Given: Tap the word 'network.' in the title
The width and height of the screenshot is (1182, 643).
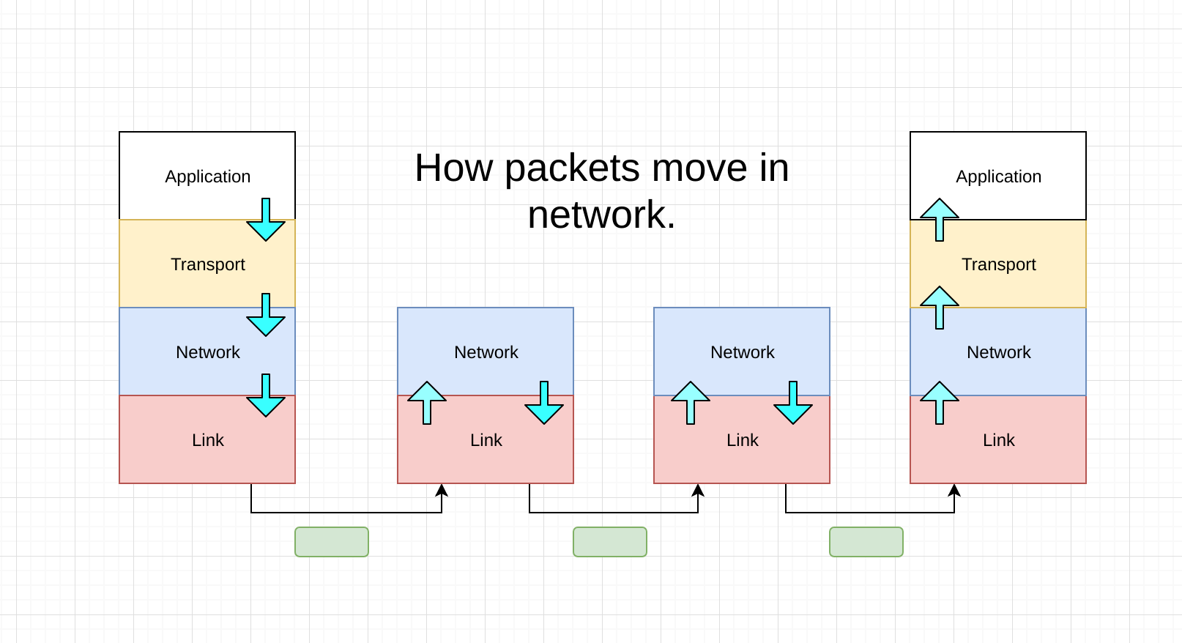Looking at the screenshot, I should [601, 215].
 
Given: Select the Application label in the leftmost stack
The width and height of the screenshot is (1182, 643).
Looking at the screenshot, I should [207, 176].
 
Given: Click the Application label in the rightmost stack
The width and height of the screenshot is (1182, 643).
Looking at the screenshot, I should [998, 176].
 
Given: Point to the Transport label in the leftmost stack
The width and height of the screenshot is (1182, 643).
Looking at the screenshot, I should [207, 264].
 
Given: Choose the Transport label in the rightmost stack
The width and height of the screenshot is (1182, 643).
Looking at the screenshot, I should [998, 264].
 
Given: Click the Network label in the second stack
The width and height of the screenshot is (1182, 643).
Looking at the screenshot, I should [486, 352].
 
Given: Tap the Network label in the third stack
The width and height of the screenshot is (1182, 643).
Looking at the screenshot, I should [742, 352].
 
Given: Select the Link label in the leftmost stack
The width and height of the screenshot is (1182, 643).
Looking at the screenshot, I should [207, 440].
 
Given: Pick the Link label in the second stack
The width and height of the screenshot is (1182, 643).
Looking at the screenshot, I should [486, 440].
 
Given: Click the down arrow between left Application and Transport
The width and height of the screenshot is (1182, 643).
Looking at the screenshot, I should [266, 220].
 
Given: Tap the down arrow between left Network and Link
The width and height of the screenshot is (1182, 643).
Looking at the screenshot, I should [266, 396].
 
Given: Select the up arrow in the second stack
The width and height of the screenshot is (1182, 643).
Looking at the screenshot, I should [427, 402].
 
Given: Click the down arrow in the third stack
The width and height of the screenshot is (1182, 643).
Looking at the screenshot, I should [793, 404].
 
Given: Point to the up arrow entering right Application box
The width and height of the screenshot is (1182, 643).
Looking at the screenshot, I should [940, 219].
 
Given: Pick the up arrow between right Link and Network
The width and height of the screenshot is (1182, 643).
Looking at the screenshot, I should [940, 402].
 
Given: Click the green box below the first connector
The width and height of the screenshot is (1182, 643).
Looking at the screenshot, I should [332, 542].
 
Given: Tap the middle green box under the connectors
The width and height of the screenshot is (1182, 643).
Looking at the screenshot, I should [610, 542].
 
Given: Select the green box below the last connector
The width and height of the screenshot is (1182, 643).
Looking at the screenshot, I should [866, 542].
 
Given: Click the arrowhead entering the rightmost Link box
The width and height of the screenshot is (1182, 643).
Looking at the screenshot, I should [954, 490].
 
